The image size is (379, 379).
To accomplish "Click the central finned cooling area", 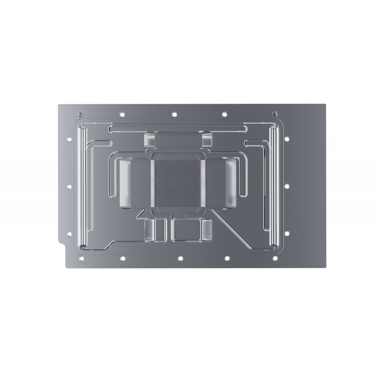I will pos(177,183).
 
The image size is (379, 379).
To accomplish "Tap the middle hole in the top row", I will pos(174,114).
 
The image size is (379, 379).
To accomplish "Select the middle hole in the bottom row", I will pos(180,259).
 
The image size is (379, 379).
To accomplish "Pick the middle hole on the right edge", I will pos(287,186).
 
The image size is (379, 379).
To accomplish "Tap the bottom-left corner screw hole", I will pos(80,259).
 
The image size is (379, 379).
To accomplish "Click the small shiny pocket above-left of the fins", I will pos(149,140).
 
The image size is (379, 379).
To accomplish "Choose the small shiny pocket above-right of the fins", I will pos(207,140).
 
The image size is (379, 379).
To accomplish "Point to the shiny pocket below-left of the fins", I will pos(149,230).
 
